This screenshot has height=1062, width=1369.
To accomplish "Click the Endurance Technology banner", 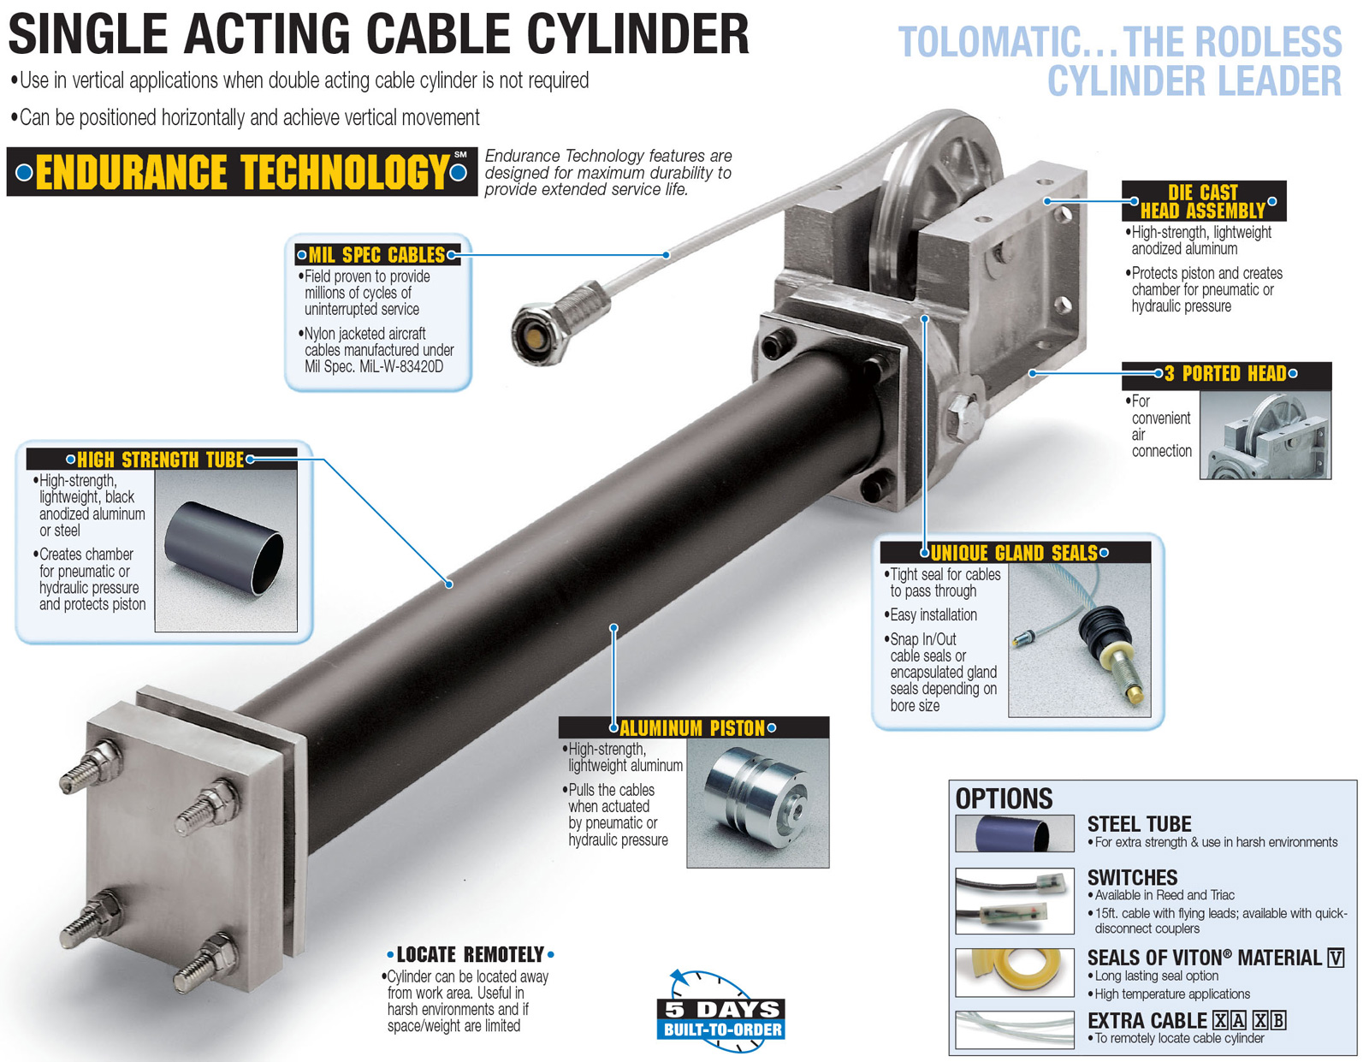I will click(241, 172).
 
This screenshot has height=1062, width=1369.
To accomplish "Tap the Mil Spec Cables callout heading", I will click(376, 255).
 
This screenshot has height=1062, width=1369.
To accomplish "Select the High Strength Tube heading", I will click(161, 460).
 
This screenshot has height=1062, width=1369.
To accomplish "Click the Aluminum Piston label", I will click(692, 728).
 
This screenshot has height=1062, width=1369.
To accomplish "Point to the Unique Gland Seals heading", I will click(1014, 553).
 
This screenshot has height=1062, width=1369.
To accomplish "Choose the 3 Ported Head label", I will click(1225, 373).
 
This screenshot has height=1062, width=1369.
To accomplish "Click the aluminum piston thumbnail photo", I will click(757, 803).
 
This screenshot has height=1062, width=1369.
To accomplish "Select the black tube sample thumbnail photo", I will click(226, 550).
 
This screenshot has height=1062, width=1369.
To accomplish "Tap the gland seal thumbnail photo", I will click(1079, 640).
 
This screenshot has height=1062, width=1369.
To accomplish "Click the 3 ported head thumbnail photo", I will click(1265, 435).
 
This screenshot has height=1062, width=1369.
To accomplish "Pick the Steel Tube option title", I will click(1139, 824).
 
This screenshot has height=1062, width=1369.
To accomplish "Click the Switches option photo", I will click(1014, 901).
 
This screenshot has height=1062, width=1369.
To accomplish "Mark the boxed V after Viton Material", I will click(1335, 958).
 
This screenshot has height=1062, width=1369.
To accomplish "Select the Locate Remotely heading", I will click(470, 954).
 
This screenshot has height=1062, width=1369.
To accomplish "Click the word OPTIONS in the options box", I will click(1004, 798).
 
